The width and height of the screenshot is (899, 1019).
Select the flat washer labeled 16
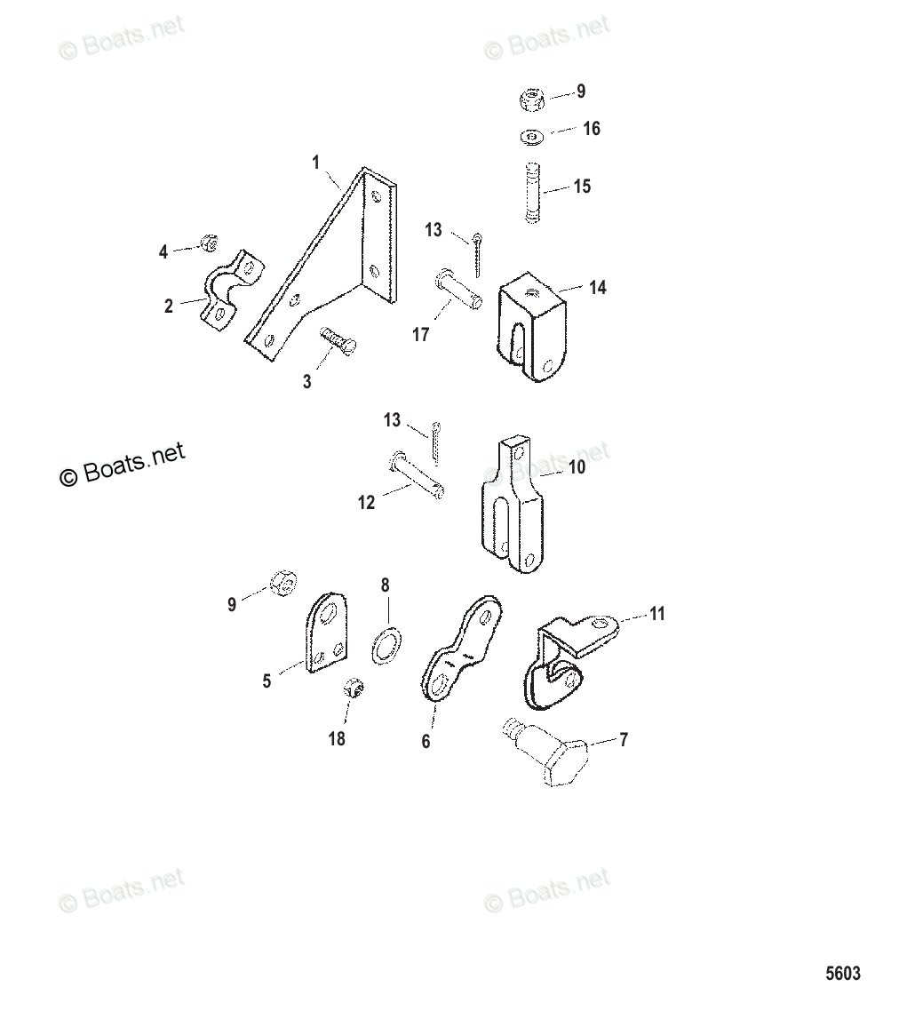coord(531,136)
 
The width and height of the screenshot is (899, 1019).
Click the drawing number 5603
coord(842,973)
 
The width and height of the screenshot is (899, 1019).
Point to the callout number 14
coord(597,288)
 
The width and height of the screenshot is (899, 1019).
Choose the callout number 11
coord(656,614)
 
